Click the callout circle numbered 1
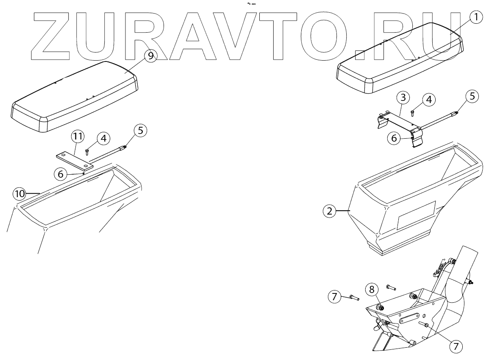click(476, 17)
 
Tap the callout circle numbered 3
click(403, 97)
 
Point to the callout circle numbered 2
click(330, 211)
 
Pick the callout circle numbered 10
click(19, 194)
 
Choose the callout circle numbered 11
click(78, 137)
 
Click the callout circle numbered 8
click(372, 290)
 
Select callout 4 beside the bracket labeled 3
click(429, 100)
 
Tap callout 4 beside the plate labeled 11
click(103, 138)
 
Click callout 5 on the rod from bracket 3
click(473, 96)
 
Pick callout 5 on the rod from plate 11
click(141, 130)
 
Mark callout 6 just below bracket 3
click(393, 138)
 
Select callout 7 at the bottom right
click(455, 346)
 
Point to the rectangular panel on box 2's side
click(417, 215)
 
